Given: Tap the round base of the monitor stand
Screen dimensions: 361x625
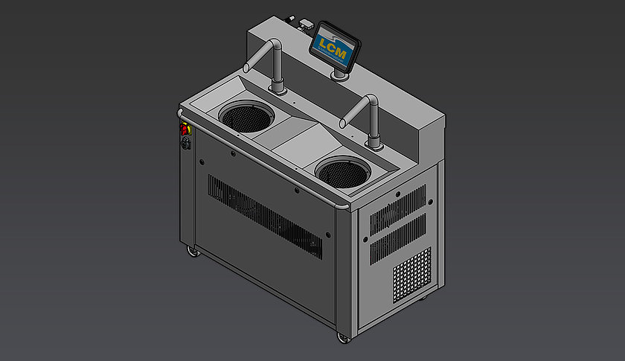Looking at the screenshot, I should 342,75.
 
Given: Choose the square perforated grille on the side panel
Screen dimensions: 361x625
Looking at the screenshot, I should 411,273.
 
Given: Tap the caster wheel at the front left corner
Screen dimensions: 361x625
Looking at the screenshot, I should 193,254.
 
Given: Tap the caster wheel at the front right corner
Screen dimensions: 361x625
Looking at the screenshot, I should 342,338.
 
